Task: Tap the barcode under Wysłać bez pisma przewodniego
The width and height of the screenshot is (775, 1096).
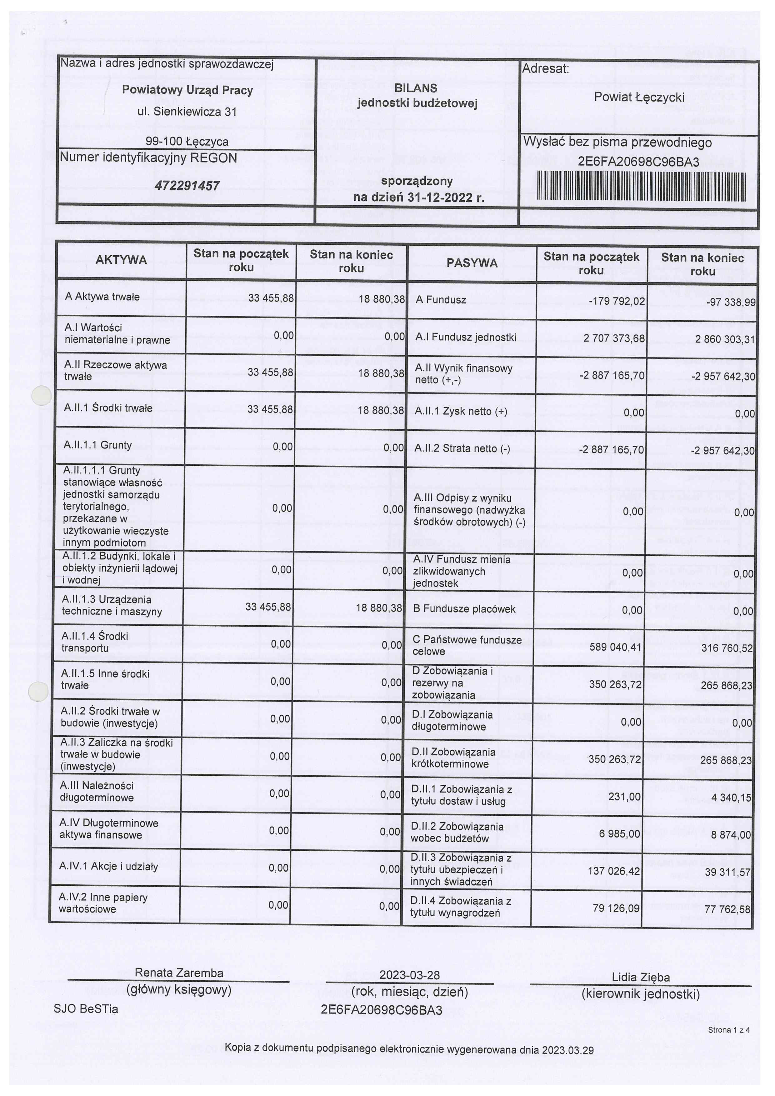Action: [x=641, y=187]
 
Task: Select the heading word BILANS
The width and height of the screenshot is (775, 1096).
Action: [x=416, y=88]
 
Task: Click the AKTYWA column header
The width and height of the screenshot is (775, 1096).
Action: [x=121, y=260]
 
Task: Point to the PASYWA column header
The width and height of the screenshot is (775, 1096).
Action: [x=472, y=263]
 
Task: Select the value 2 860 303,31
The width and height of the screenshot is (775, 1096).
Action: [x=725, y=339]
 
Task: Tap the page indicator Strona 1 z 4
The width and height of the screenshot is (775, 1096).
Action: [x=728, y=1030]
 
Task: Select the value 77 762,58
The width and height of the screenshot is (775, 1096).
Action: [x=727, y=909]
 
